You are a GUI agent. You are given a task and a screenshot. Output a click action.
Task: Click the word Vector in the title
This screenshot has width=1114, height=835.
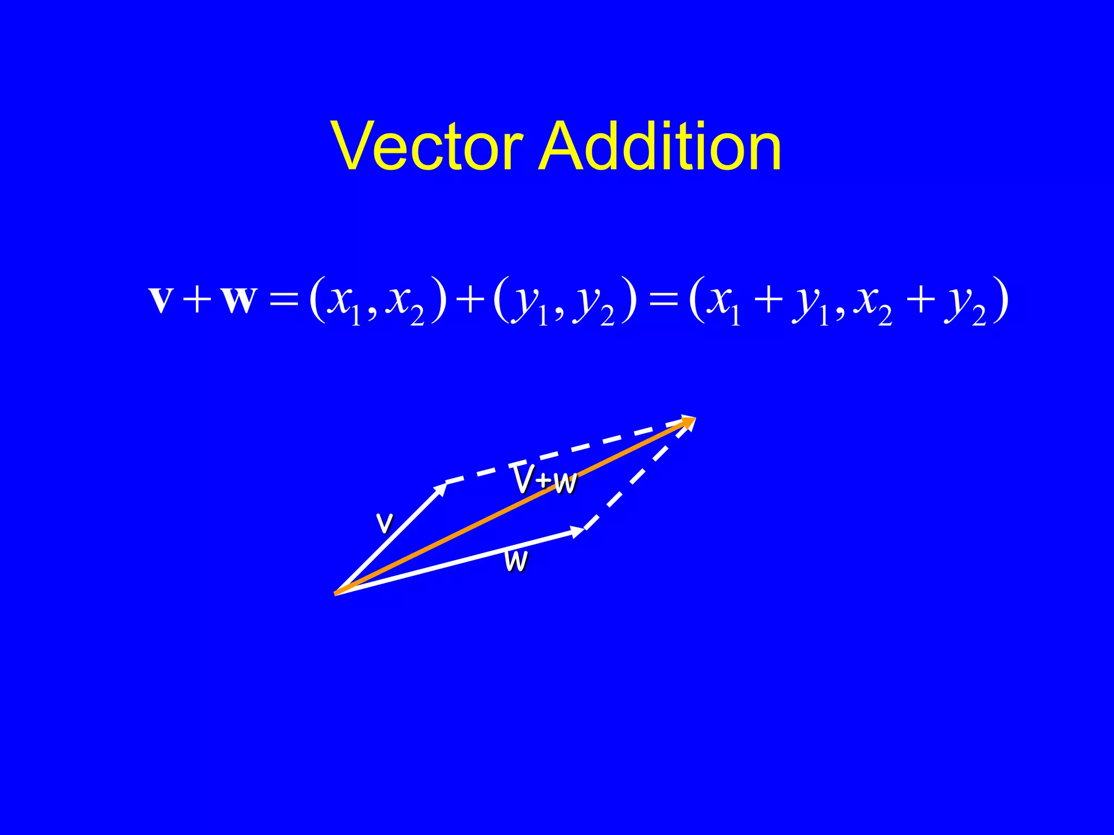(427, 146)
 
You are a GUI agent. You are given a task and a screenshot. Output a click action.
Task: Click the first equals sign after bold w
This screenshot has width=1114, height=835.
(284, 300)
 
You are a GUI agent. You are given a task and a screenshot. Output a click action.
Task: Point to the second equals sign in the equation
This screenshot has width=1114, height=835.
(664, 300)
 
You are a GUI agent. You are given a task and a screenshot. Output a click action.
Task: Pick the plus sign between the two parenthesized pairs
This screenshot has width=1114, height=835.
(470, 300)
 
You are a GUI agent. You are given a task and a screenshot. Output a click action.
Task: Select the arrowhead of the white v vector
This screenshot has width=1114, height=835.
(441, 488)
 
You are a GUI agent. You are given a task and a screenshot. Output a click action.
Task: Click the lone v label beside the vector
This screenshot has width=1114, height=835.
(385, 523)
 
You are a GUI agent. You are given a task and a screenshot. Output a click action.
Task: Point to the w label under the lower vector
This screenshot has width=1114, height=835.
(516, 561)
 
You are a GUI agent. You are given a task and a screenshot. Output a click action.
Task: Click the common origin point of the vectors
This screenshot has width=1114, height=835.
(336, 593)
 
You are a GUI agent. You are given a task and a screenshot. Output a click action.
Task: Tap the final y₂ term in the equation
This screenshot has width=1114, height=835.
(966, 304)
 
